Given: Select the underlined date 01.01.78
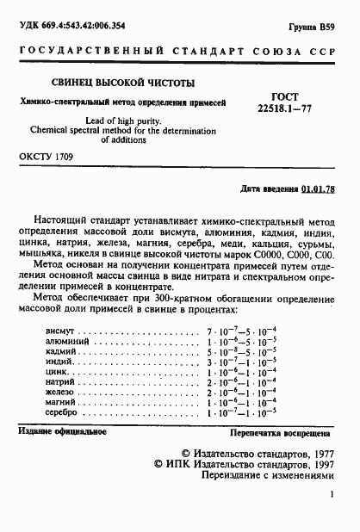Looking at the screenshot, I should click(x=319, y=188).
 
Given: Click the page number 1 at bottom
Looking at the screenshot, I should click(x=331, y=495).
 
